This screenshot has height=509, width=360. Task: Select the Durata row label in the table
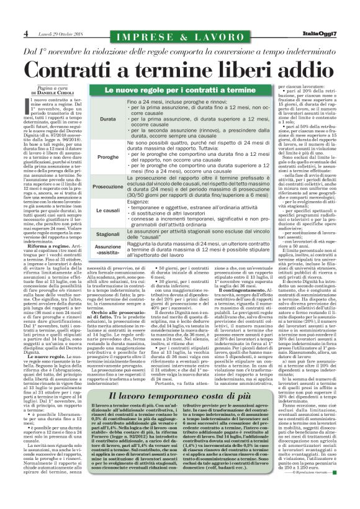107,119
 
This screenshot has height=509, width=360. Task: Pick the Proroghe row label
107,158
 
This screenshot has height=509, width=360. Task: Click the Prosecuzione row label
107,186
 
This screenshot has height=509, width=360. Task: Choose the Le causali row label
107,211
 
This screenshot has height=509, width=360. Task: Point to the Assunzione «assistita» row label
107,250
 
